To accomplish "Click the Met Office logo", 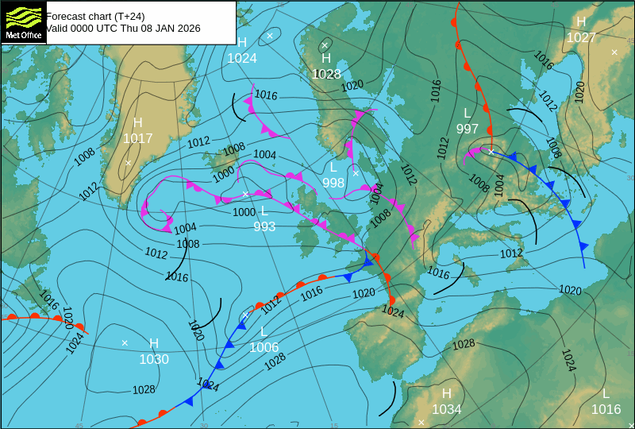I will tap(24, 22).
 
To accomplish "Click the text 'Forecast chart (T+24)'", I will tap(95, 16).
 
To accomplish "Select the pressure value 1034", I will tap(447, 409).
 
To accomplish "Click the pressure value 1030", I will tap(154, 359).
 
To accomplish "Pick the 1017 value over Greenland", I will tap(137, 138).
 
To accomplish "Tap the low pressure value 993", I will tap(264, 226).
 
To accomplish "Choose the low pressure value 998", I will tap(333, 183).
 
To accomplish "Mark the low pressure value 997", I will tap(468, 129).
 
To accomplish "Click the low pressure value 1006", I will tap(264, 347).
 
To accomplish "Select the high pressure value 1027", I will tap(581, 37).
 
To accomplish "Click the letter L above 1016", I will tap(606, 394).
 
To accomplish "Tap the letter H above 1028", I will tap(326, 58).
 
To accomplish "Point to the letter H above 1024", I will tap(242, 42).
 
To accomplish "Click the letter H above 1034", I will tap(447, 393).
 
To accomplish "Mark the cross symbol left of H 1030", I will tap(125, 342).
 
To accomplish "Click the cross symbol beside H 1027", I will tap(614, 52).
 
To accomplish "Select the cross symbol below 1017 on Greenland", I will tap(128, 162).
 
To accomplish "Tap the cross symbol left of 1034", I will tap(421, 422).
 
